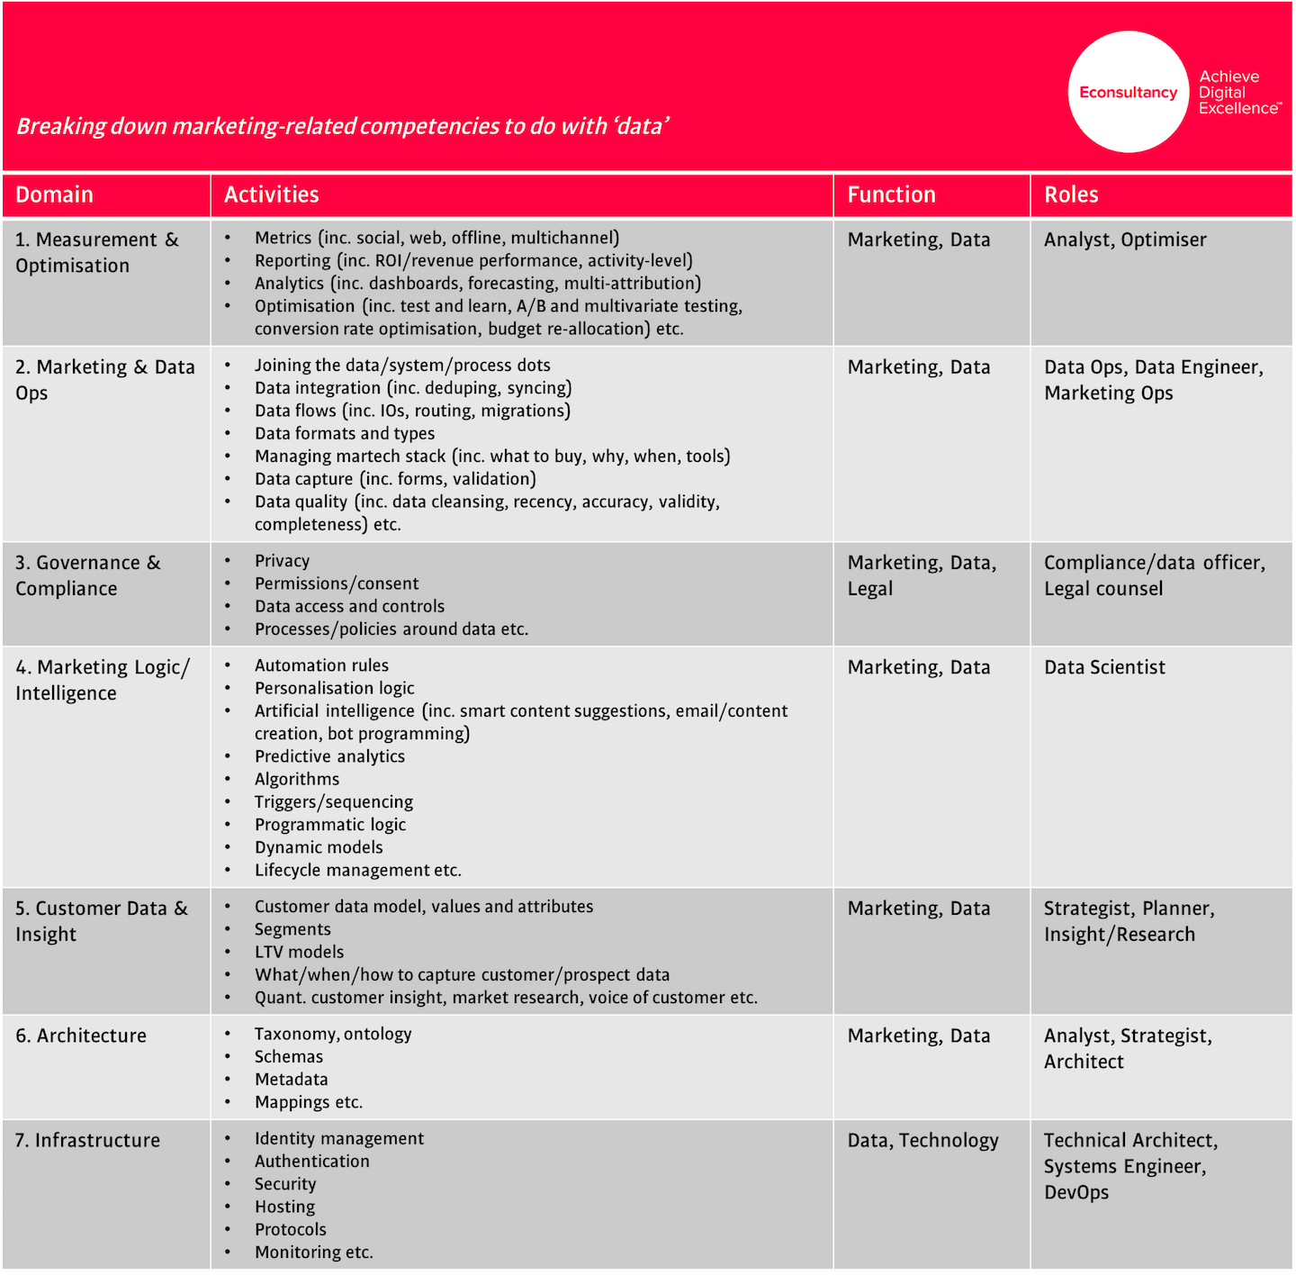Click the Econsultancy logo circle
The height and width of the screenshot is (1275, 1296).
coord(1129,92)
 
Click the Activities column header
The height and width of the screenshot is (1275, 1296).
coord(271,194)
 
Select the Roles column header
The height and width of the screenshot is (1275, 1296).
coord(1071,194)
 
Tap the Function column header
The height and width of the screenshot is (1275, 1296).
coord(891,194)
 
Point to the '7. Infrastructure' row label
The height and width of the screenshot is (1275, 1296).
coord(87,1140)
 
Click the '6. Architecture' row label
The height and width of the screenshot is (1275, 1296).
coord(80,1035)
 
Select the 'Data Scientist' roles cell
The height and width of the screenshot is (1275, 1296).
coord(1104,667)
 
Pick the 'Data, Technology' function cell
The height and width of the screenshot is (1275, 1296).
coord(922,1140)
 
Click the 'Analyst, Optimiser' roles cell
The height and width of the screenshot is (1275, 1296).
coord(1125,240)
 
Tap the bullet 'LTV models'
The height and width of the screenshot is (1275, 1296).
coord(299,952)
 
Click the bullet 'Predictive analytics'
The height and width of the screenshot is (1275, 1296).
coord(329,756)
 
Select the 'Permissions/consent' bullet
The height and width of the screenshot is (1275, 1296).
coord(337,583)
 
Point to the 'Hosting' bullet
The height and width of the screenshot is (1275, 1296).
coord(284,1207)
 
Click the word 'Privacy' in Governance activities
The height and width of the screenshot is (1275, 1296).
coord(282,561)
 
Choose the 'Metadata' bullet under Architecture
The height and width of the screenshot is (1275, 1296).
coord(291,1079)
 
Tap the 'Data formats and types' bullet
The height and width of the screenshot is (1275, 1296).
coord(345,433)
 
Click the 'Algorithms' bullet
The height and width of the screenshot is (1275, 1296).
coord(297,779)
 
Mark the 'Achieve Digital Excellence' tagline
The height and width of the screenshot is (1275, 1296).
coord(1238,93)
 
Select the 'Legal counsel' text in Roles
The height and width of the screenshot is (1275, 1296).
coord(1103,589)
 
